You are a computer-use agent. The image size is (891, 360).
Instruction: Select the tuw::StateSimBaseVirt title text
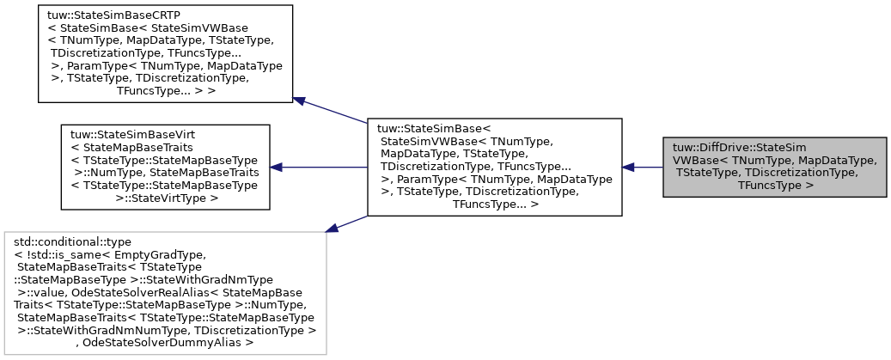click(x=127, y=135)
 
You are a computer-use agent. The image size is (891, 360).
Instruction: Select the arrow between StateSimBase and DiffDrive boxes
click(x=643, y=167)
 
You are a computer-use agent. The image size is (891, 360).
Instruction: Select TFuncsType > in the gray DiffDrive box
click(x=775, y=184)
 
